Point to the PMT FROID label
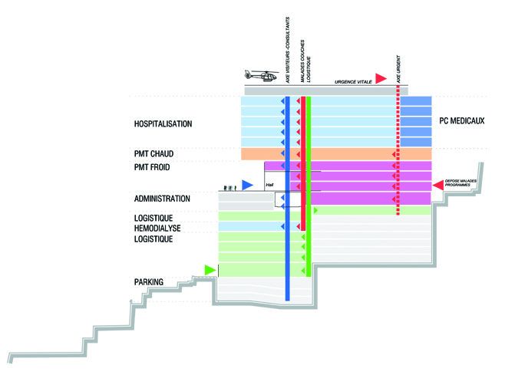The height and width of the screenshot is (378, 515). click(154, 167)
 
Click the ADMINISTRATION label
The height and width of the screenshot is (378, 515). click(162, 199)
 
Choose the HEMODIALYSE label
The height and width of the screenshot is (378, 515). click(159, 228)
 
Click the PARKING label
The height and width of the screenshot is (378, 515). click(149, 282)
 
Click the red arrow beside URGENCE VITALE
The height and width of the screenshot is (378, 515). click(381, 78)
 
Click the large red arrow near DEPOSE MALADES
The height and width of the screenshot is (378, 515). click(438, 185)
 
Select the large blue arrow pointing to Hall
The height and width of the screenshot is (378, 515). click(247, 185)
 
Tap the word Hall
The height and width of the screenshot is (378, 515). click(269, 185)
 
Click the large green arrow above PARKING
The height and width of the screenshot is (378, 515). click(210, 269)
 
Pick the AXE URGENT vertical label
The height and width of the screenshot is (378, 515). click(398, 69)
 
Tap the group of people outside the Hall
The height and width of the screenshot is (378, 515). click(228, 186)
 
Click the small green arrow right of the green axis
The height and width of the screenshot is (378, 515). click(315, 210)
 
